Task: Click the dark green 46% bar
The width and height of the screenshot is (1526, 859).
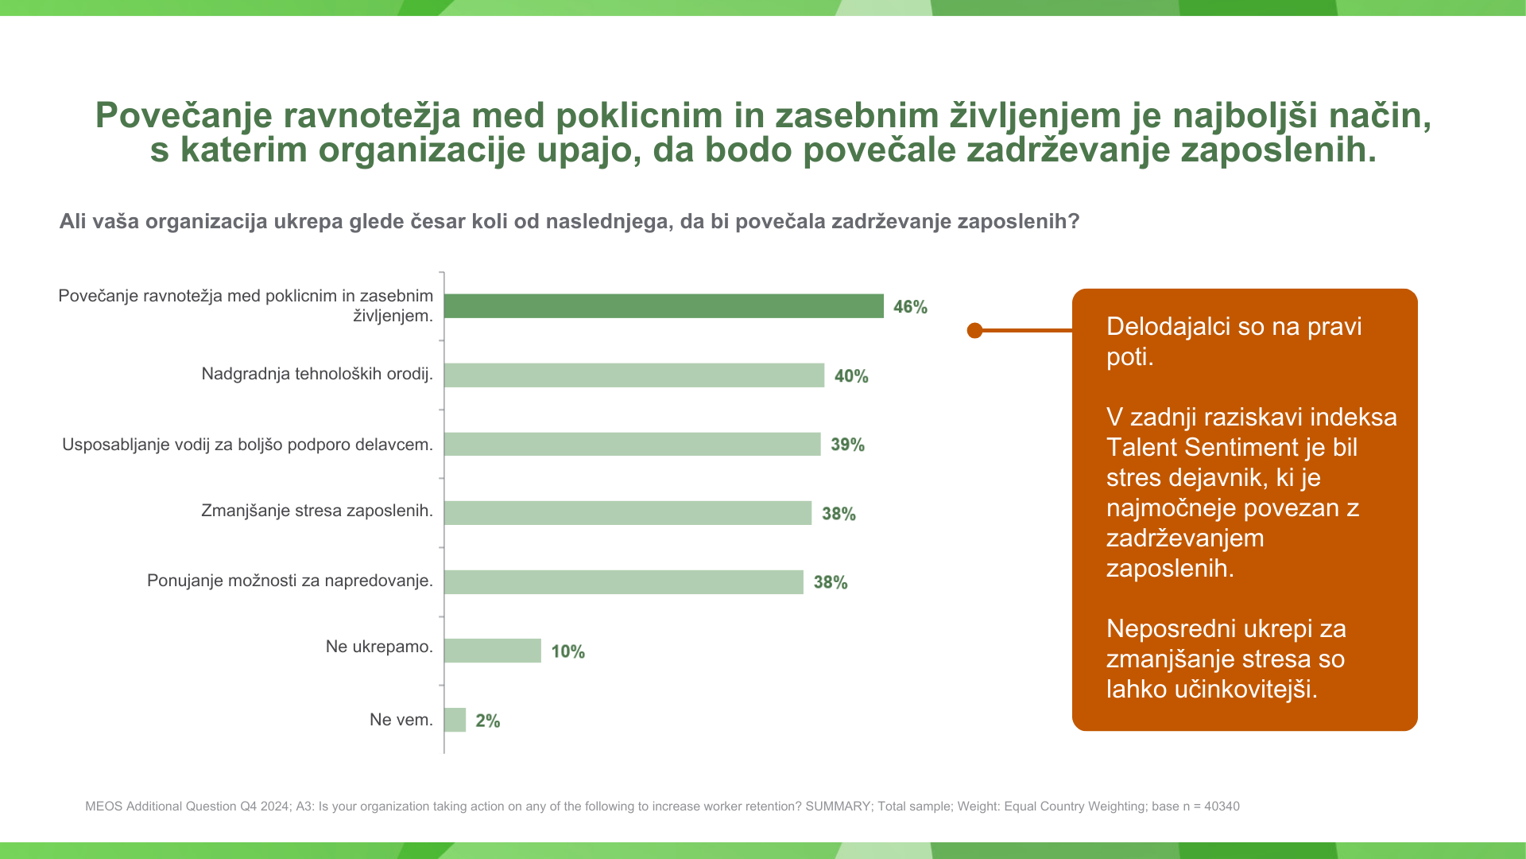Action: (664, 306)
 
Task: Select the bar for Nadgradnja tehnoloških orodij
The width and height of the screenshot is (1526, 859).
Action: (634, 375)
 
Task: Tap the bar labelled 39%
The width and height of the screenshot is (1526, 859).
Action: (632, 444)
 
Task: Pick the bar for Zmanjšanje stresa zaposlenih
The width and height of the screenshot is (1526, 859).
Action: (628, 513)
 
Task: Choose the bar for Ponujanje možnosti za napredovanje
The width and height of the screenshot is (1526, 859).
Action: (624, 582)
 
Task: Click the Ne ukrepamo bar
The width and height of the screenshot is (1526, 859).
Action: (493, 651)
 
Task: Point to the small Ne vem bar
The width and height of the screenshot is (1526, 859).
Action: (455, 720)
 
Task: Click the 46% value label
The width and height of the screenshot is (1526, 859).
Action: (910, 307)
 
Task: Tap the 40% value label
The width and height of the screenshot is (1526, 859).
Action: (851, 376)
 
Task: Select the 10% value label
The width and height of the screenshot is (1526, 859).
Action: (567, 652)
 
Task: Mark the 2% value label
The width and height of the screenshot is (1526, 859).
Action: (487, 721)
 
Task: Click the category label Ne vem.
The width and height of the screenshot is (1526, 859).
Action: (401, 720)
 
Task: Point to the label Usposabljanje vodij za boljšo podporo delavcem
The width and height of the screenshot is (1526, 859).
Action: (247, 445)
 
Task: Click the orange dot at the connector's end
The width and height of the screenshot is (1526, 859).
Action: (975, 330)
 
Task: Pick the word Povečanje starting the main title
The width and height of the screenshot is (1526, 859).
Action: (184, 115)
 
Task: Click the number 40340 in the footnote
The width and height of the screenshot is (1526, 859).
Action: (1222, 807)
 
